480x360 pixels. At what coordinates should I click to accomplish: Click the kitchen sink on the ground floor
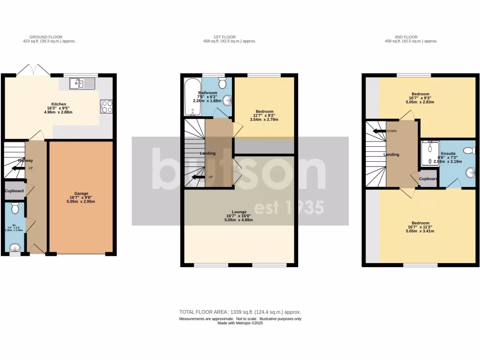pos(82,84)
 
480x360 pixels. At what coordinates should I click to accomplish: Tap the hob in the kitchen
pos(106,106)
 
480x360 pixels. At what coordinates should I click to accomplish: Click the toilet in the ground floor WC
pos(15,208)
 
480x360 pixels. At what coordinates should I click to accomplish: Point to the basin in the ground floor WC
pos(15,247)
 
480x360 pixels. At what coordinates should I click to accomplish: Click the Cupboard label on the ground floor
pos(14,191)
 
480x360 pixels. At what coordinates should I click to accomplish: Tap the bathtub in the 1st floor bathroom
pos(192,97)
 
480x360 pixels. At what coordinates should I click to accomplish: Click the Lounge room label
pos(239,212)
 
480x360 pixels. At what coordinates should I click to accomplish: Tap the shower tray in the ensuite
pos(428,155)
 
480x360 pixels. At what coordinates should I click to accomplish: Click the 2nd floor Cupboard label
pos(428,179)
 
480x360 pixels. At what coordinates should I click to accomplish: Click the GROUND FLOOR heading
pos(45,37)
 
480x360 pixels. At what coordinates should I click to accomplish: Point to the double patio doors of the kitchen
pos(33,70)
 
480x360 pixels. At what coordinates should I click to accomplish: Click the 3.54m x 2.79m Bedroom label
pos(264,112)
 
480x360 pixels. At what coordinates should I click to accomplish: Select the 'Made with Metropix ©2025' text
pos(240,323)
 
